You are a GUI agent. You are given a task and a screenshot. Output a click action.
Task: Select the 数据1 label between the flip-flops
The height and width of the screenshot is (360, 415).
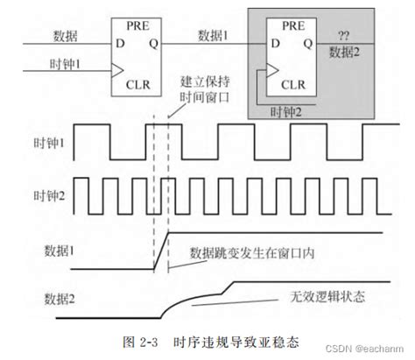click(214, 35)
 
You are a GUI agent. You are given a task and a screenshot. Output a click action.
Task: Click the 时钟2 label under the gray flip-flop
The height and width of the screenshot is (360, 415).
click(285, 113)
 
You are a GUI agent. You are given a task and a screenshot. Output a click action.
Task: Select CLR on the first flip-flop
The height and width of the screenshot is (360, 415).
click(138, 85)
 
